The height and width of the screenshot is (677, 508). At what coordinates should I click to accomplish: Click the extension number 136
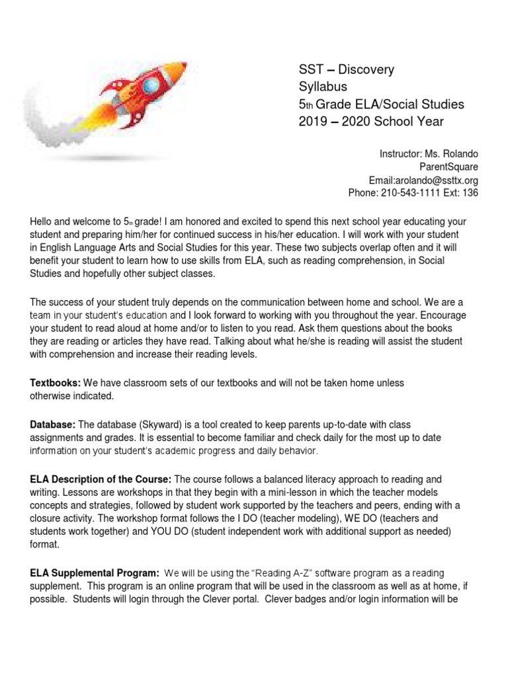point(470,193)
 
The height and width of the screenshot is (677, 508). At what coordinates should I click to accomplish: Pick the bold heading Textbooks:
point(55,383)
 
